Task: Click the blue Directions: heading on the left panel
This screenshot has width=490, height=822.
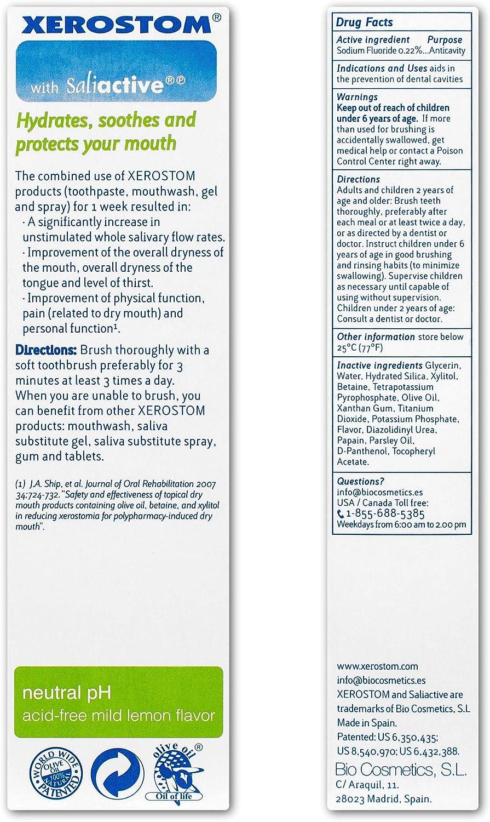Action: pos(47,350)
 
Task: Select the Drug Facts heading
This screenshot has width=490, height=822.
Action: pos(364,22)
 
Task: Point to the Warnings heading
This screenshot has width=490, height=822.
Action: pos(357,97)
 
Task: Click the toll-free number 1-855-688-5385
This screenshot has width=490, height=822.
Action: pos(385,514)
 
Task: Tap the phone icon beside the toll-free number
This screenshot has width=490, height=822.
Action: pos(341,514)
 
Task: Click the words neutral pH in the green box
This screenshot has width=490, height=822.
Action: pos(67,693)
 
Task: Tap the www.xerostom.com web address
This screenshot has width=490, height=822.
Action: pos(377,667)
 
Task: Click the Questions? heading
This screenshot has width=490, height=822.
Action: pos(361,482)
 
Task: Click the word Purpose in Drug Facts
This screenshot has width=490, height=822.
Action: pos(445,40)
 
